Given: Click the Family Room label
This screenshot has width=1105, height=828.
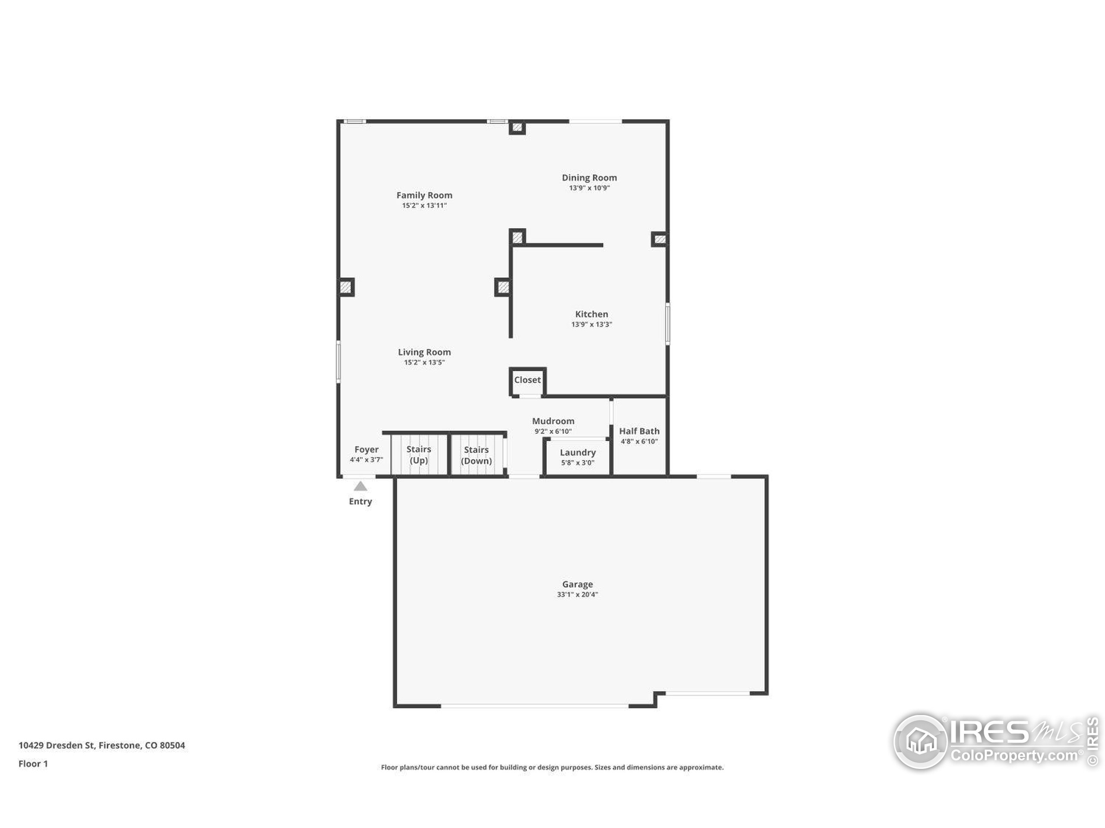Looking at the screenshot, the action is [424, 195].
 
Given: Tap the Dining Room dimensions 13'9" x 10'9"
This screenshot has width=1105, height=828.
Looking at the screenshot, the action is [590, 188].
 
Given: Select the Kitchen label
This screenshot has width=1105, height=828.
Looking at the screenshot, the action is [591, 314].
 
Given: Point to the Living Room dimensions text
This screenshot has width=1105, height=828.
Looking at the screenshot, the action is [424, 362].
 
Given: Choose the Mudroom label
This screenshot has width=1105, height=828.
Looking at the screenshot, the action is [553, 421].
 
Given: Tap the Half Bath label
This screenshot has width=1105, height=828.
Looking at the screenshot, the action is [639, 431].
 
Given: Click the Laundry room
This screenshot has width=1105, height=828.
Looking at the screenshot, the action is [578, 457].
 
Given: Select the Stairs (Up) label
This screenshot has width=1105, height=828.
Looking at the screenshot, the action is [419, 455].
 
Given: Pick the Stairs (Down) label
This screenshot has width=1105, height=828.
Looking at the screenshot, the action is [476, 455].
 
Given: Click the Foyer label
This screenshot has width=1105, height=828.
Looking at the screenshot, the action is [366, 449].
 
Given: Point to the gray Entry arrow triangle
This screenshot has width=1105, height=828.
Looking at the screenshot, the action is [360, 486].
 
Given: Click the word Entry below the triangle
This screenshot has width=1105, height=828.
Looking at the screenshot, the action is [360, 502].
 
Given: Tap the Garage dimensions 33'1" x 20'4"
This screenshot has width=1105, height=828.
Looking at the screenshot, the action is [578, 594].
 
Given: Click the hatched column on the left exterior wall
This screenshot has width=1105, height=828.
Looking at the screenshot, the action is [346, 287].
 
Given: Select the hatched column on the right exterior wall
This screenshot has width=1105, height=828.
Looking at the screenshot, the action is [660, 239].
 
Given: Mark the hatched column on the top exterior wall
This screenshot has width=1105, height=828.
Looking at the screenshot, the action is [517, 127].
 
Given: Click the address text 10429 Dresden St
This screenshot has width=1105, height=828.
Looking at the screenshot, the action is [57, 745].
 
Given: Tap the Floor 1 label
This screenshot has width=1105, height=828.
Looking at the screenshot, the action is [33, 764].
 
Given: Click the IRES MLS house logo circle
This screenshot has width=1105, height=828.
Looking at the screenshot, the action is [921, 742].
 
